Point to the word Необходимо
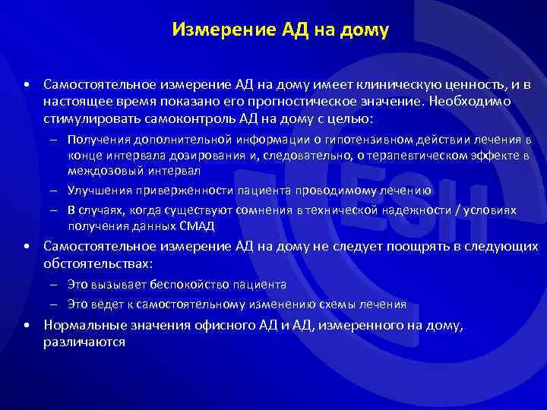pos(479,101)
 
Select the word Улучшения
pos(95,191)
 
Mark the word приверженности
pos(187,191)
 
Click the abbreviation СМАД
pos(198,226)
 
